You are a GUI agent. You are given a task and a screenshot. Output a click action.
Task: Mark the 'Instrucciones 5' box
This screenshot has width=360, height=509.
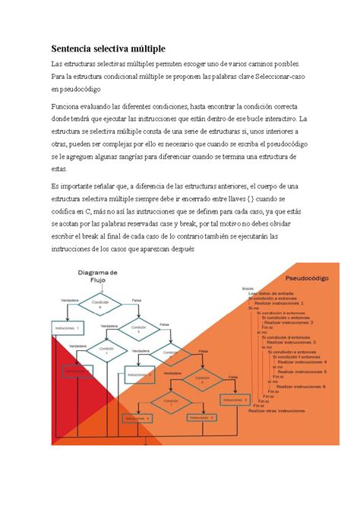[x=201, y=418]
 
